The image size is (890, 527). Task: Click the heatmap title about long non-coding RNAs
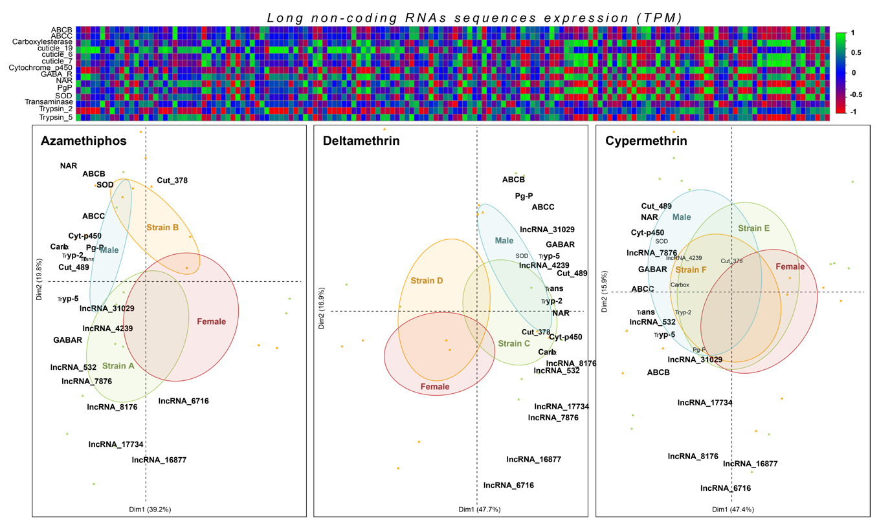[474, 17]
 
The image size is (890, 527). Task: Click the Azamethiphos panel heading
[83, 141]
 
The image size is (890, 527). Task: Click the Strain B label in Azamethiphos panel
[162, 227]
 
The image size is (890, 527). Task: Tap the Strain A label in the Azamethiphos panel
[118, 365]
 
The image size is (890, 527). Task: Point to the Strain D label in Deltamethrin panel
[427, 281]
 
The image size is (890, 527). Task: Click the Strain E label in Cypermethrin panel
[753, 228]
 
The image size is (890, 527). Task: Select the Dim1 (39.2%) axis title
[150, 510]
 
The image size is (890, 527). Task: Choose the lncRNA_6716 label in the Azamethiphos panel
[183, 401]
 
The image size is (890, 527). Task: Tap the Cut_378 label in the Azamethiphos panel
[172, 180]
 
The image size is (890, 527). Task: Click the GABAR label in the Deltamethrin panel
[561, 244]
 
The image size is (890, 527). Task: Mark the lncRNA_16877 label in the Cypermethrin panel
[750, 464]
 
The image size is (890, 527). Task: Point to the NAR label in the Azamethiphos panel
[69, 166]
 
